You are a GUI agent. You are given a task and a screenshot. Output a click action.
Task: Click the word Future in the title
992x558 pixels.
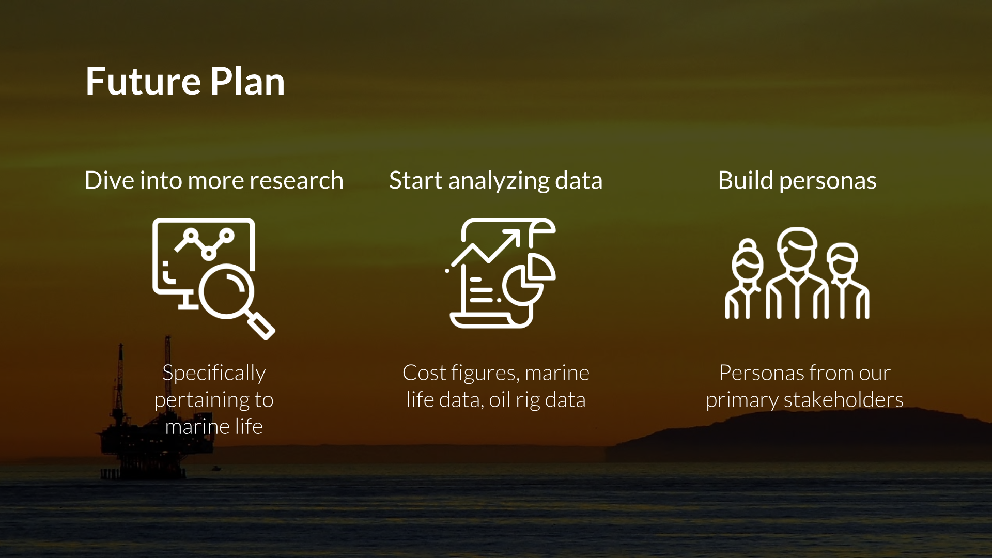(143, 81)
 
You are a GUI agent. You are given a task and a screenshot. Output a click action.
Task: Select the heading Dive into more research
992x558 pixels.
(214, 180)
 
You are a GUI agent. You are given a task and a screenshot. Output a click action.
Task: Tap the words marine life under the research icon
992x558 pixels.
(214, 427)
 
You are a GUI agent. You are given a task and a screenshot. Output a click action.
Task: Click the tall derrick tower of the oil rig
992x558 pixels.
(120, 382)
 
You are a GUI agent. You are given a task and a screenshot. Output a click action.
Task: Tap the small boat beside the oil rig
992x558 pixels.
(216, 469)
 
